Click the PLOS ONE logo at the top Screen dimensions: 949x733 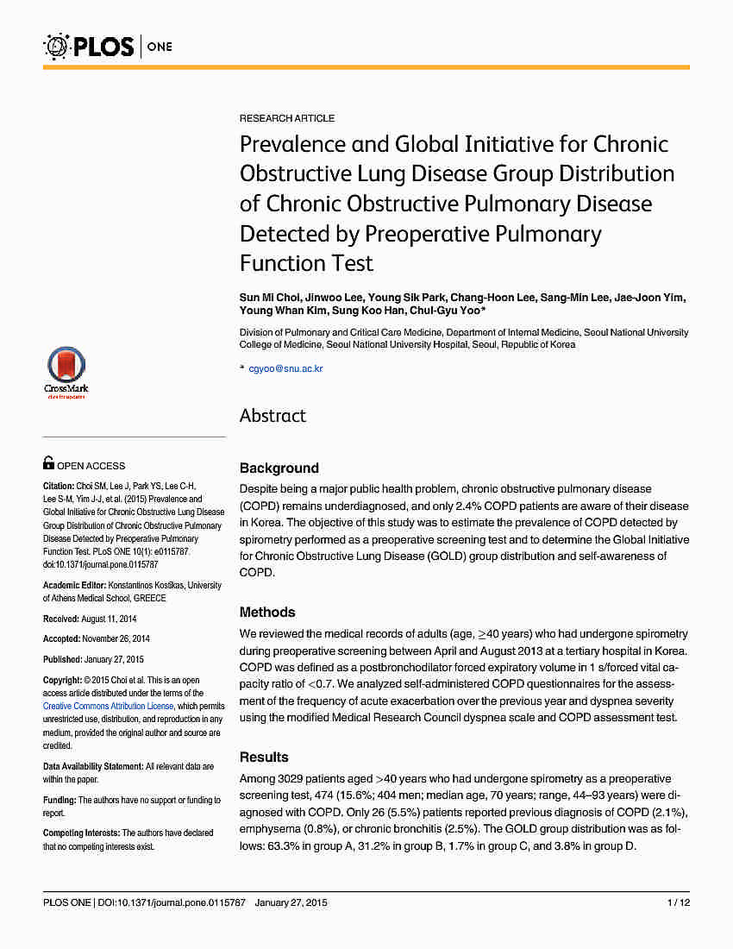click(108, 46)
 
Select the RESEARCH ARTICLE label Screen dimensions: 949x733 click(287, 118)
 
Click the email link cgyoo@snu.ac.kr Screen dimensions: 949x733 click(285, 368)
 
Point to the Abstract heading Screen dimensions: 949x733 click(273, 416)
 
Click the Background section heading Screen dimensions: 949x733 click(279, 468)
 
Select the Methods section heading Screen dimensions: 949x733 click(267, 613)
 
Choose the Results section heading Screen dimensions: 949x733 click(264, 757)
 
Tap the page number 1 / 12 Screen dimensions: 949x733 click(679, 903)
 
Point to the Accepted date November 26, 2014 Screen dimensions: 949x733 click(116, 639)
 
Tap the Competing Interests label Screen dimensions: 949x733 click(81, 833)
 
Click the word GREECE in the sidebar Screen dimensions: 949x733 click(149, 599)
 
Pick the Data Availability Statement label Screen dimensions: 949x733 click(92, 767)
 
